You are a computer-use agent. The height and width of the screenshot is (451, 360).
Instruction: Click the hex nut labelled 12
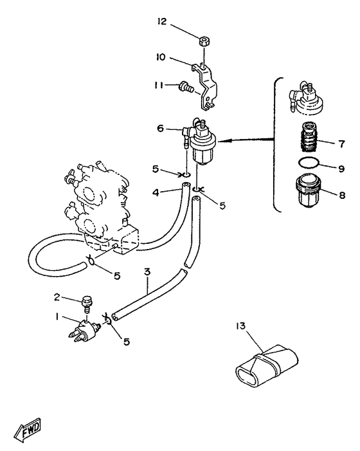204,41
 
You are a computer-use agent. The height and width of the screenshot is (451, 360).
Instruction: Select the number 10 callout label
161,57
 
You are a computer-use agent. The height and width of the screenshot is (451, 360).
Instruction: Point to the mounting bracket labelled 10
206,87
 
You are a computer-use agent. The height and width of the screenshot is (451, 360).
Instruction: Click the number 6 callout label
160,128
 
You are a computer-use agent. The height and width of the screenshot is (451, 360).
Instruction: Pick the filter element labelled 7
309,138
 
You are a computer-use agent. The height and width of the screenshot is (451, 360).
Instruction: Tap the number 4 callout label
156,192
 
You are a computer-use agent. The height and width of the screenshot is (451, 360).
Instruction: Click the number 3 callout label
147,272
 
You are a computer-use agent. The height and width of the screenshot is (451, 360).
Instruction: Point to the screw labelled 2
85,304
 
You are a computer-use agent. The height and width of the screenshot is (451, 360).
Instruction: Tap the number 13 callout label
241,326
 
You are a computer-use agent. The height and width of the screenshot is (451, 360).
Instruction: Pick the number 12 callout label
162,21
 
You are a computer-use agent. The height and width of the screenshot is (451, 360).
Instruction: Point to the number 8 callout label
342,196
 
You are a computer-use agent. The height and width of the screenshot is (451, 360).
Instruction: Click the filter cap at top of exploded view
305,98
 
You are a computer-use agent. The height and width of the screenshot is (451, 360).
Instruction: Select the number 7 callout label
341,143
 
